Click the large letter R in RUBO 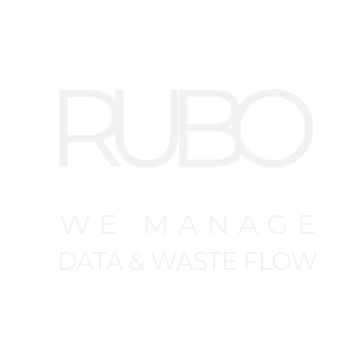coord(63,128)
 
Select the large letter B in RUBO coord(183,128)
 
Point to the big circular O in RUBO coord(309,128)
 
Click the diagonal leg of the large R coord(108,153)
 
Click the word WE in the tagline coord(88,224)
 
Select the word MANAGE coord(230,224)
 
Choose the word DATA coord(92,261)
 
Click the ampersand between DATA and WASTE coord(137,261)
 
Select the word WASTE coord(193,261)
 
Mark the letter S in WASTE coord(201,261)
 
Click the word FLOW coord(281,261)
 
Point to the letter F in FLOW coord(247,261)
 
